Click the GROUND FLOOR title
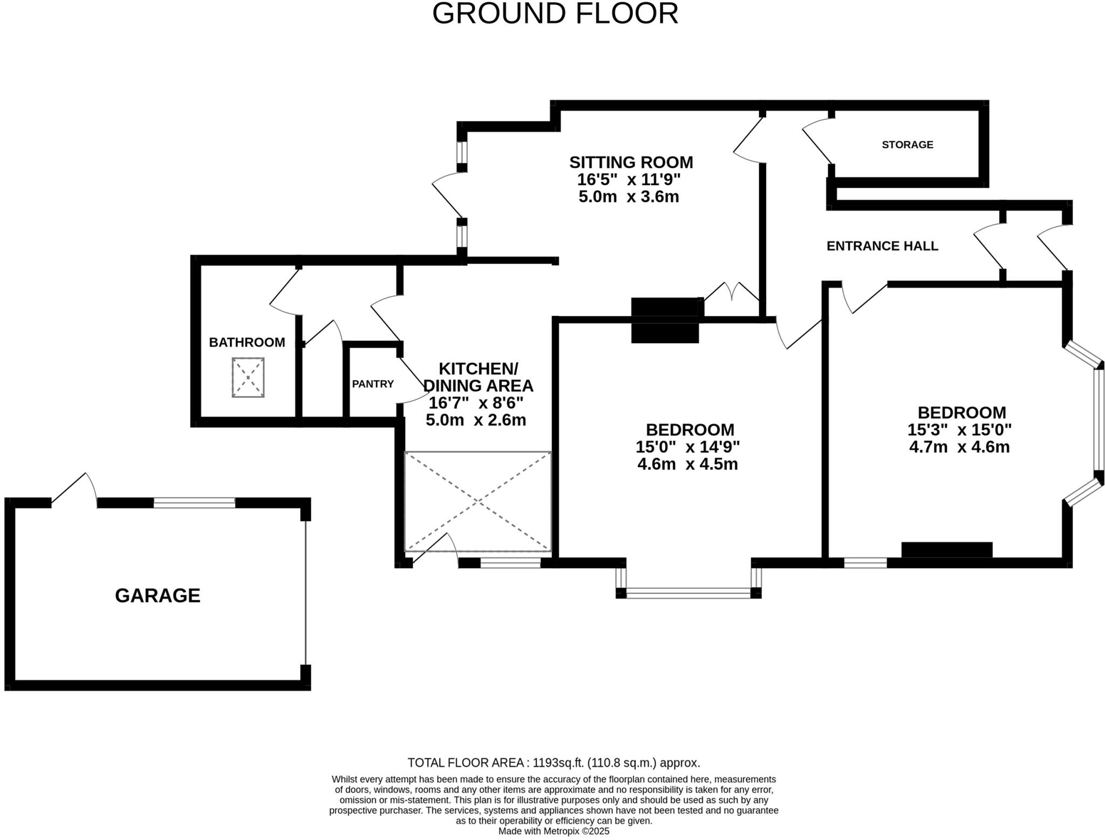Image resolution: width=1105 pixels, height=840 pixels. (x=555, y=14)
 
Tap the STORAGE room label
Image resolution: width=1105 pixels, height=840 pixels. (x=907, y=145)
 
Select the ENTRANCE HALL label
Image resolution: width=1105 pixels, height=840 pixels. (x=882, y=246)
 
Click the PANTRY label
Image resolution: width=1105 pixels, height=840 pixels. (x=373, y=384)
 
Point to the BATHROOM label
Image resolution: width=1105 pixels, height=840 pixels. (x=247, y=342)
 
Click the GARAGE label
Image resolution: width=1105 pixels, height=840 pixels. (x=158, y=595)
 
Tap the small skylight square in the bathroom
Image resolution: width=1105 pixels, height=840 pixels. (x=248, y=377)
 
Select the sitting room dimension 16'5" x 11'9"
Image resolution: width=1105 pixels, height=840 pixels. (x=629, y=179)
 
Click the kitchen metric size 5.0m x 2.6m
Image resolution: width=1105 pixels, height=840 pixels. (x=475, y=420)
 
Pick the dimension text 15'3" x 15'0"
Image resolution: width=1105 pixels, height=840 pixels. (x=959, y=430)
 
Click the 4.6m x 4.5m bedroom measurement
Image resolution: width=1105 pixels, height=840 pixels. (x=687, y=464)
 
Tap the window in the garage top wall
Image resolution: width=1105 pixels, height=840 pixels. (x=194, y=503)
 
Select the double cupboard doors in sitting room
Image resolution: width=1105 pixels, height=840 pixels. (x=731, y=296)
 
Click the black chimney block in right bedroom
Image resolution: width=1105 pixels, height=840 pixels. (x=946, y=549)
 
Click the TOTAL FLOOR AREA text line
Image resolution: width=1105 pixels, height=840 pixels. (x=554, y=763)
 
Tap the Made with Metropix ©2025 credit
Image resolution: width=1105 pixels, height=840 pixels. (x=554, y=831)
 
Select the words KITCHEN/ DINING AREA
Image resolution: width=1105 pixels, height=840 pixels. (x=478, y=377)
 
